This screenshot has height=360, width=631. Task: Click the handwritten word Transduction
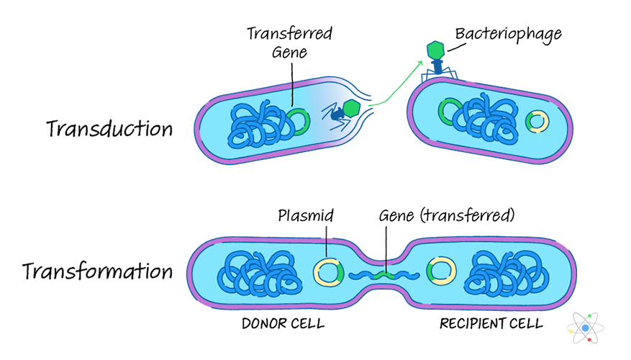point(109,129)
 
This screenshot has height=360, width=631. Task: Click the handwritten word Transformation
point(97,271)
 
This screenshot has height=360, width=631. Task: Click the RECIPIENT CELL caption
point(491,324)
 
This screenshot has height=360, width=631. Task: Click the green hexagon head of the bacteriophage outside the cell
point(435,50)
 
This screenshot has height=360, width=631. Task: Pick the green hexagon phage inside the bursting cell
point(351,108)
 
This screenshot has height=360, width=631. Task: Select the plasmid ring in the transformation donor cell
point(328,273)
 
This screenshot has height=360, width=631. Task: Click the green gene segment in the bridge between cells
point(385,274)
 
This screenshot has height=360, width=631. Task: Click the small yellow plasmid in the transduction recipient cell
point(536,121)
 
